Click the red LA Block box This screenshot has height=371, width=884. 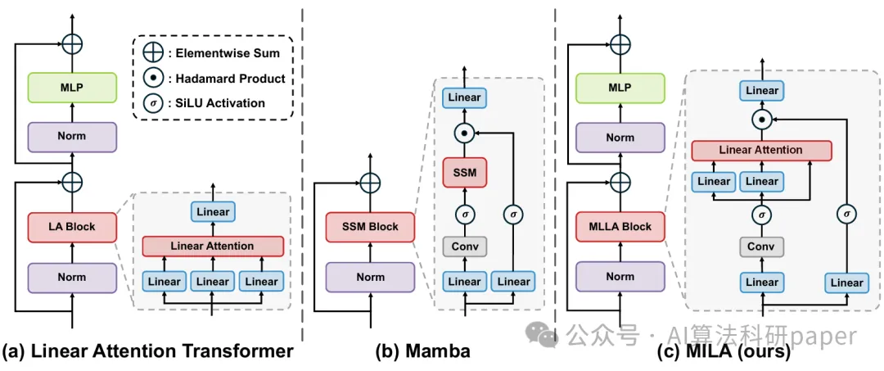[72, 227]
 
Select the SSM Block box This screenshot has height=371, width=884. [371, 227]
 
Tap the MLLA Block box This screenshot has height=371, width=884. [620, 227]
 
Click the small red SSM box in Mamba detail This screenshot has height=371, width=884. [464, 172]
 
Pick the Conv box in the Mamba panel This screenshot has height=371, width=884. [464, 246]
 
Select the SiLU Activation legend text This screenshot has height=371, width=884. [220, 103]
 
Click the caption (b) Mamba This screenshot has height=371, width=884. [422, 351]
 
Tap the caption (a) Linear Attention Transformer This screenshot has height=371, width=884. [147, 351]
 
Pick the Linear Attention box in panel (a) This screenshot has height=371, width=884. [212, 246]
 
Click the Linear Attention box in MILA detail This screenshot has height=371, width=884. [761, 151]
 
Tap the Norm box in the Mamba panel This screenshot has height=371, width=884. [371, 277]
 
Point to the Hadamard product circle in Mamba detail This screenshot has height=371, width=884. [464, 131]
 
